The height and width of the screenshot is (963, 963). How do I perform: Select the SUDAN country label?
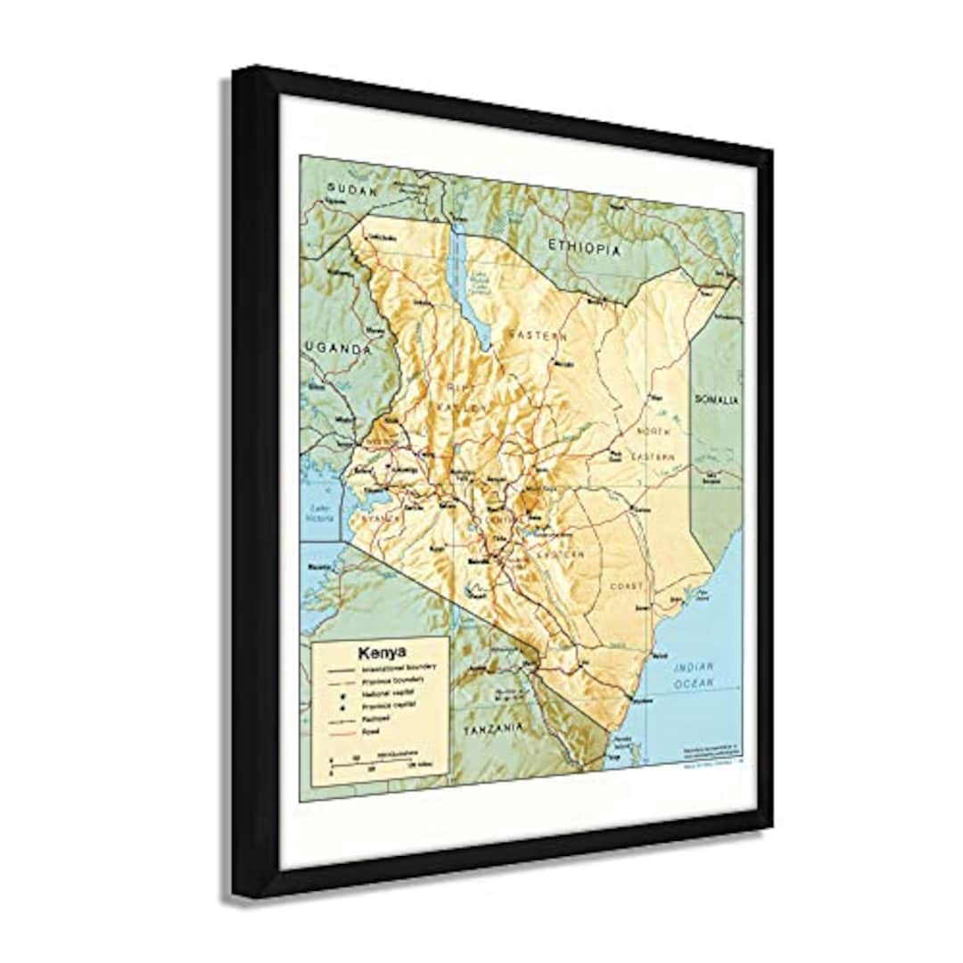352,188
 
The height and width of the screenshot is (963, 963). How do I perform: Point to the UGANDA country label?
337,350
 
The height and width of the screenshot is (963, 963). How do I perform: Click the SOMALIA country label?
717,400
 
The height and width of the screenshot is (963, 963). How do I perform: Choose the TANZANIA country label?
493,728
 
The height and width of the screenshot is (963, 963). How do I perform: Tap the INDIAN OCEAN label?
695,674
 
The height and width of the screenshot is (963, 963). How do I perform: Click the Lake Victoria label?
320,514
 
